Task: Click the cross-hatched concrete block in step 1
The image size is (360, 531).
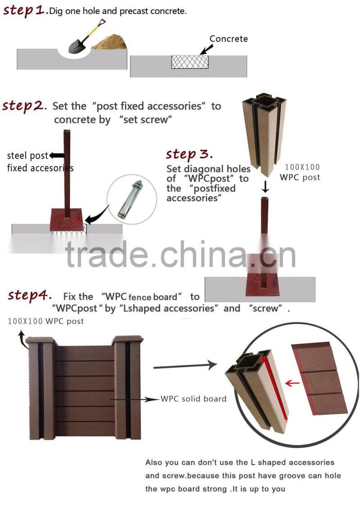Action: (x=190, y=62)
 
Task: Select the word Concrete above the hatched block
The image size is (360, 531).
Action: (x=229, y=39)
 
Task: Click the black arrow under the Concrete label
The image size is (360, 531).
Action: (x=206, y=50)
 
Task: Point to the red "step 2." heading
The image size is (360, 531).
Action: (x=24, y=106)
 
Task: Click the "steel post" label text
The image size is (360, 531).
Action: (x=28, y=156)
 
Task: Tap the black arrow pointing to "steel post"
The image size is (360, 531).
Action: (x=57, y=156)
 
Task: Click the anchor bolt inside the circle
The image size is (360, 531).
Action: (x=130, y=200)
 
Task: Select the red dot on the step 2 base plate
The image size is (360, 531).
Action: (x=79, y=221)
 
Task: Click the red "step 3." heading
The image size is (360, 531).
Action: (x=189, y=154)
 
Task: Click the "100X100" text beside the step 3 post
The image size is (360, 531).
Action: (x=302, y=167)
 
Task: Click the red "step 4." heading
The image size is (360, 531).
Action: (x=30, y=295)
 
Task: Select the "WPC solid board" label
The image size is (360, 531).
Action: (x=193, y=399)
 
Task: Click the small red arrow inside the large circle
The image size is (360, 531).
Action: (x=292, y=383)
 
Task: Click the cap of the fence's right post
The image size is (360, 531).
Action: (x=128, y=339)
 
